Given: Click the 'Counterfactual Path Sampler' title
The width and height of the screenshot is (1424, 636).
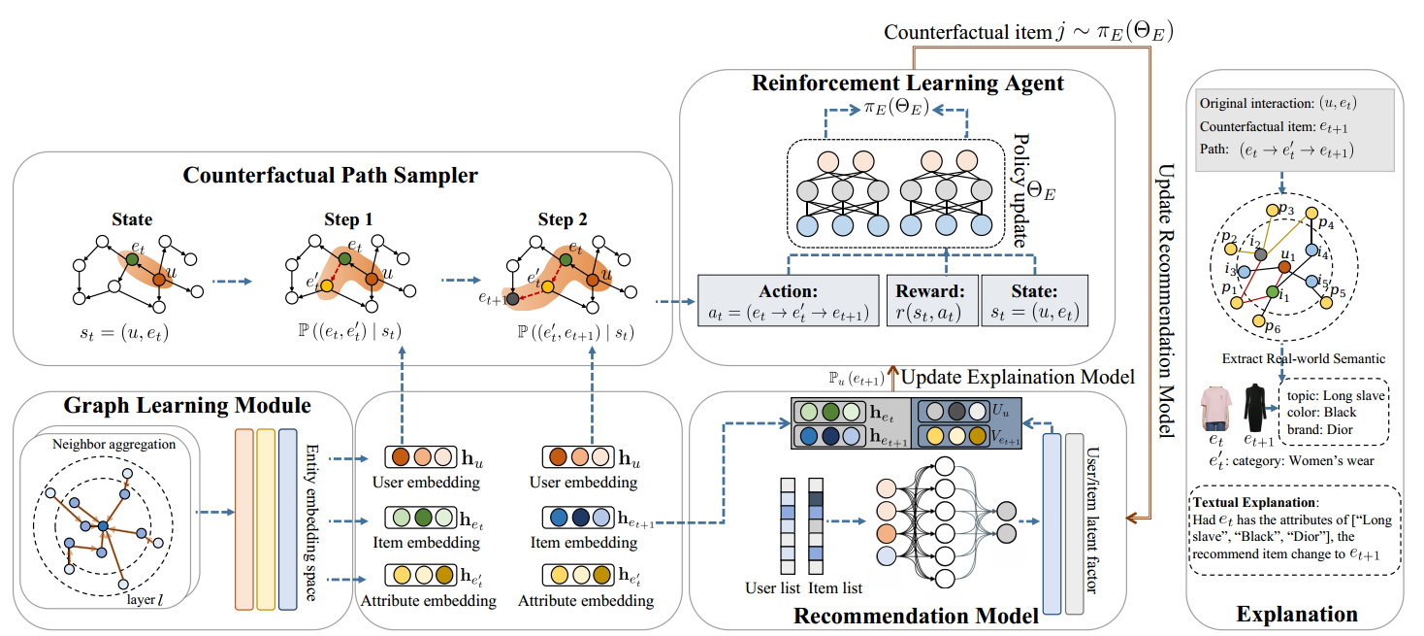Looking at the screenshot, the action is pyautogui.click(x=330, y=175).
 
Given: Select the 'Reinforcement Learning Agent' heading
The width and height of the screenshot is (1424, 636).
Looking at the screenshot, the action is pyautogui.click(x=907, y=83).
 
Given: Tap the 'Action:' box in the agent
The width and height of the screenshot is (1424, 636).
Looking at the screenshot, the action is pyautogui.click(x=789, y=300).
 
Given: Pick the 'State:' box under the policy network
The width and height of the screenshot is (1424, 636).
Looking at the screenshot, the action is pyautogui.click(x=1034, y=300).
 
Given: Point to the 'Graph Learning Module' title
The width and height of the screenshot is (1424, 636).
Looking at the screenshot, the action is pyautogui.click(x=187, y=406).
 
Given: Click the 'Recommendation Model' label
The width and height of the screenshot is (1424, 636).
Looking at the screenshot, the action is pyautogui.click(x=916, y=616).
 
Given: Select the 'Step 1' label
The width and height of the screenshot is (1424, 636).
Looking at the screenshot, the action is pyautogui.click(x=348, y=219).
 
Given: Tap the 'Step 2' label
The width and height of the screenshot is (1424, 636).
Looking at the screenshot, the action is pyautogui.click(x=563, y=219).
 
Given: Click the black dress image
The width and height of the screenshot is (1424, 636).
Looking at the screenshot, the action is pyautogui.click(x=1254, y=408).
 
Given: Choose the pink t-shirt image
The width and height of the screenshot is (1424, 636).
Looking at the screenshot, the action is pyautogui.click(x=1214, y=408).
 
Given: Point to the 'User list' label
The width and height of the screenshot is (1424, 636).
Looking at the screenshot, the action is pyautogui.click(x=772, y=588).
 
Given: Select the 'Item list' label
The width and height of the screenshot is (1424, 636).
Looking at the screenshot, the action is pyautogui.click(x=834, y=588).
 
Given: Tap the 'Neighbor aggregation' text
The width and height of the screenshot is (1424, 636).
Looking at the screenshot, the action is pyautogui.click(x=113, y=445).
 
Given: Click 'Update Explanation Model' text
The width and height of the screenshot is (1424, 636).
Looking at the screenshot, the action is pyautogui.click(x=1018, y=378).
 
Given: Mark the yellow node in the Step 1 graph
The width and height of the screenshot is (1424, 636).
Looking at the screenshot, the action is pyautogui.click(x=327, y=286).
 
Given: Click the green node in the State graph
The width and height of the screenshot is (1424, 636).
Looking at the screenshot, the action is pyautogui.click(x=132, y=260).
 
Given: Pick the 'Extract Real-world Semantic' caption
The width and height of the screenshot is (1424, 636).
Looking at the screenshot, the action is pyautogui.click(x=1303, y=359).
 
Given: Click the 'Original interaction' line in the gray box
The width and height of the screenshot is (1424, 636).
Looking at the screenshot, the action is pyautogui.click(x=1278, y=103).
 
